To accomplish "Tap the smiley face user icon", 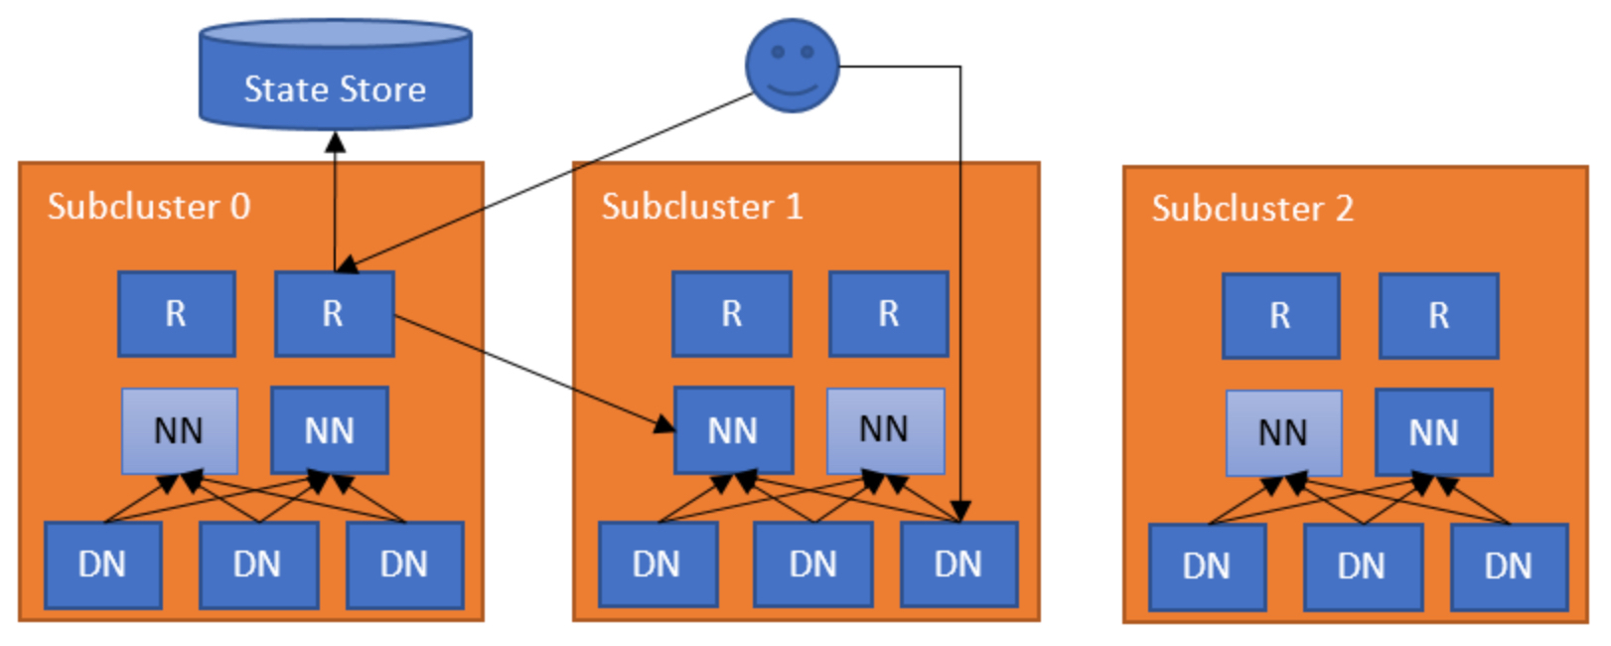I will (792, 65).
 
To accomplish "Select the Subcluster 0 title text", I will (149, 207).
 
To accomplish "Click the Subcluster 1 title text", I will (702, 207).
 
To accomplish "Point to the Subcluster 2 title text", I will (1251, 209).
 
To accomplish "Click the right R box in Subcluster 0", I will (334, 314).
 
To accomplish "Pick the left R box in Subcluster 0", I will (176, 314).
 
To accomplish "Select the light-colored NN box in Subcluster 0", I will (179, 431).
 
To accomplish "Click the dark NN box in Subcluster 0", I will (329, 431).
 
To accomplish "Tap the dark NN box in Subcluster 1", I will (733, 431).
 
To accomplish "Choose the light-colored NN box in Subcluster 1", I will (884, 429).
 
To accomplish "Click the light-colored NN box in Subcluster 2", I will (1282, 433).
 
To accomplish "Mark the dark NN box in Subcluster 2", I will (1433, 433).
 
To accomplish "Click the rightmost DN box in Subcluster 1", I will (958, 565).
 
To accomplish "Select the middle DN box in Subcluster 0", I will (258, 565).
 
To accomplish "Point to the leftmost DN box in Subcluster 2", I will (1207, 566).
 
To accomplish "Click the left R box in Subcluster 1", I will (731, 314).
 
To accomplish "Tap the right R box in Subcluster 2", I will (1438, 316).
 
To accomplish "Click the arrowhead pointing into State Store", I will (336, 141).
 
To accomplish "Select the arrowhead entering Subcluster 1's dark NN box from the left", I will (663, 425).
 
